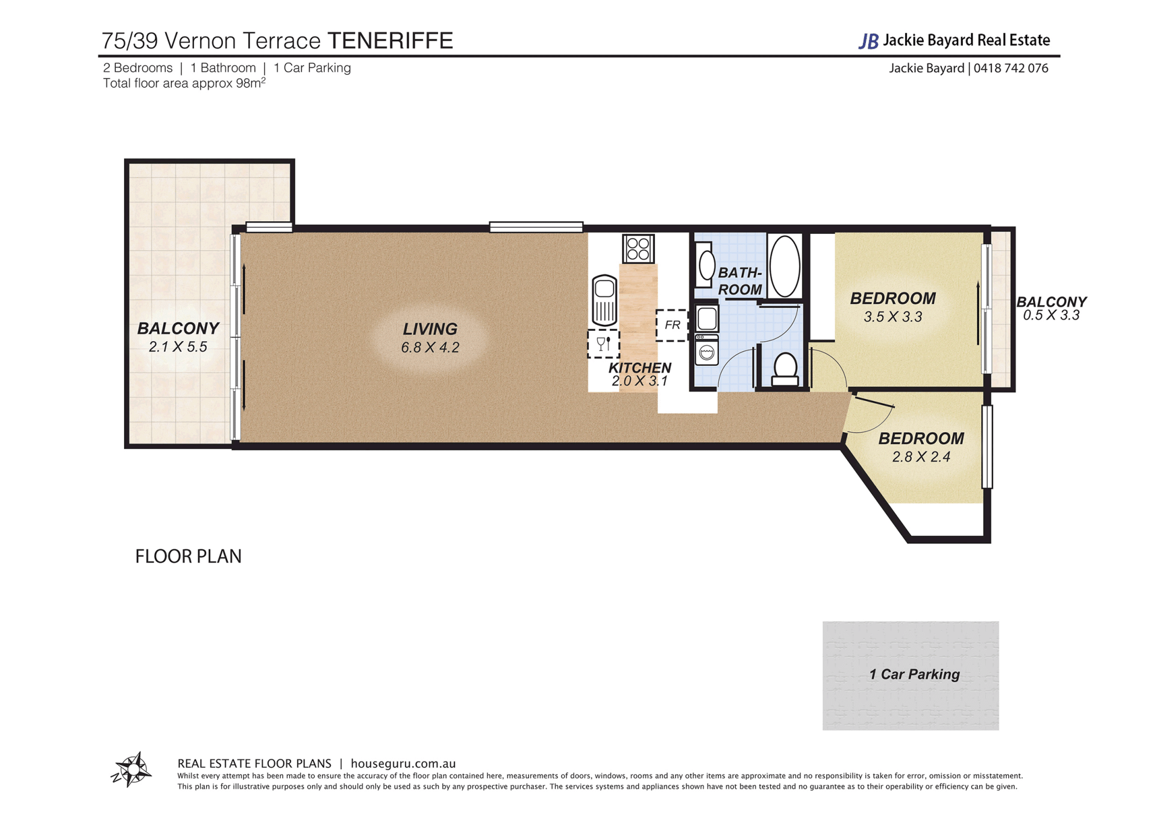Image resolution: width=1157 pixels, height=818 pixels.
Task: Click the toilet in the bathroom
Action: click(x=785, y=370)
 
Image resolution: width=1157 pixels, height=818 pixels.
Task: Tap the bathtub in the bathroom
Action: click(x=785, y=266)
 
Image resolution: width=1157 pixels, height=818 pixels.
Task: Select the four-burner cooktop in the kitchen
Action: click(x=638, y=248)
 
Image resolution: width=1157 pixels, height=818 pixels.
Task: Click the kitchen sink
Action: click(x=604, y=300)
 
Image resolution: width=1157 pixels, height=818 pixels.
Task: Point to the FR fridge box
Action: click(x=672, y=326)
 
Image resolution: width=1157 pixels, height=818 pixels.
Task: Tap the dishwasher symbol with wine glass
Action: click(x=603, y=344)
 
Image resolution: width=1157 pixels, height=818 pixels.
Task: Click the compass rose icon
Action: click(x=131, y=769)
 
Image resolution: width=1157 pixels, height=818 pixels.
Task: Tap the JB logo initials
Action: click(x=868, y=41)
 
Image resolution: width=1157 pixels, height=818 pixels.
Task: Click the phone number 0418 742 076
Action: click(x=1011, y=68)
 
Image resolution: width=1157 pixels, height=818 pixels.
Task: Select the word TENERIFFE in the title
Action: click(x=390, y=40)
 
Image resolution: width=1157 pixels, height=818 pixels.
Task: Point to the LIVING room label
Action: click(x=430, y=329)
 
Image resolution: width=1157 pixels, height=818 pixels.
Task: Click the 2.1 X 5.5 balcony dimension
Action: click(x=178, y=347)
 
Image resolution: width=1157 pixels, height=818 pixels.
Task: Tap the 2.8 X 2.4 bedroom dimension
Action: click(x=921, y=457)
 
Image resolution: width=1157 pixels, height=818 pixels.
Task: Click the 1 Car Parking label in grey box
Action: click(x=914, y=674)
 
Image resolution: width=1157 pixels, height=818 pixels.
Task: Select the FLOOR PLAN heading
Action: click(x=188, y=556)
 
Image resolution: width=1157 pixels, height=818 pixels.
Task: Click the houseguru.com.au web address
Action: click(x=403, y=764)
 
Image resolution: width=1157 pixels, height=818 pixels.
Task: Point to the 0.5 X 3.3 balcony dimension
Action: click(x=1051, y=315)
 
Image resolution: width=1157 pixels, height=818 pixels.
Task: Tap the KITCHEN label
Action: click(x=639, y=368)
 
